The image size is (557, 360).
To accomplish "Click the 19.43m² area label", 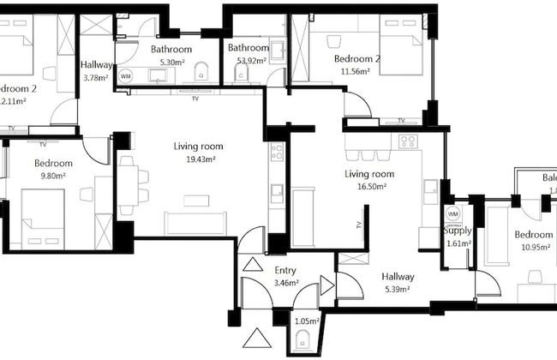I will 194,159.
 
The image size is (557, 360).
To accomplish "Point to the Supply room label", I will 458,231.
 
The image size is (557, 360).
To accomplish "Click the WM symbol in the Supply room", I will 453,213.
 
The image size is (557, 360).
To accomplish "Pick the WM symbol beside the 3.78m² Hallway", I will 126,76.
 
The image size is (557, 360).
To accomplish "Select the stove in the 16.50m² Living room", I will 407,141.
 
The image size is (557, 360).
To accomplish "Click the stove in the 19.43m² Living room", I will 277,153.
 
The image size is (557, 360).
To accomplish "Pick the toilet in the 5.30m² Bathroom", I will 201,69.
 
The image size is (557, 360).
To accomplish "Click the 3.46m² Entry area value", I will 285,282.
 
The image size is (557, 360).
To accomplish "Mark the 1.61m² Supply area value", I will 458,243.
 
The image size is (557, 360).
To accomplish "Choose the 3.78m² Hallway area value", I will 96,77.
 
